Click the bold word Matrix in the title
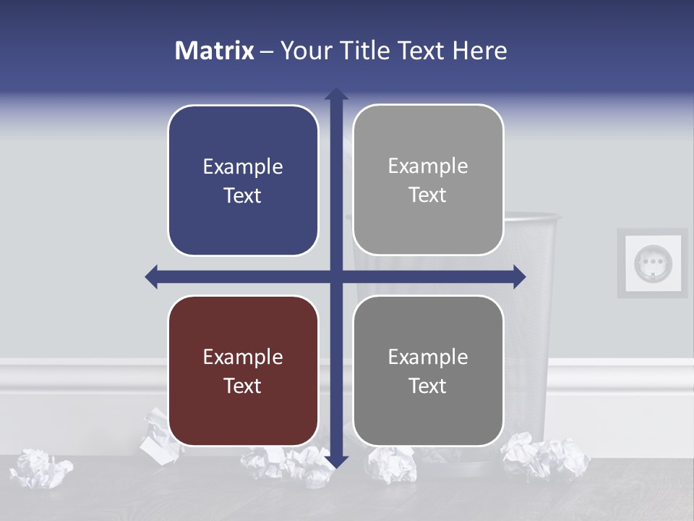(215, 51)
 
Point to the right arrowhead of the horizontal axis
(519, 276)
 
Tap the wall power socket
(652, 263)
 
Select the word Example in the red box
(243, 357)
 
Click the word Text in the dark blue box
(243, 195)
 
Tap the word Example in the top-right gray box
(428, 166)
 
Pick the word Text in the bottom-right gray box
(428, 386)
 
